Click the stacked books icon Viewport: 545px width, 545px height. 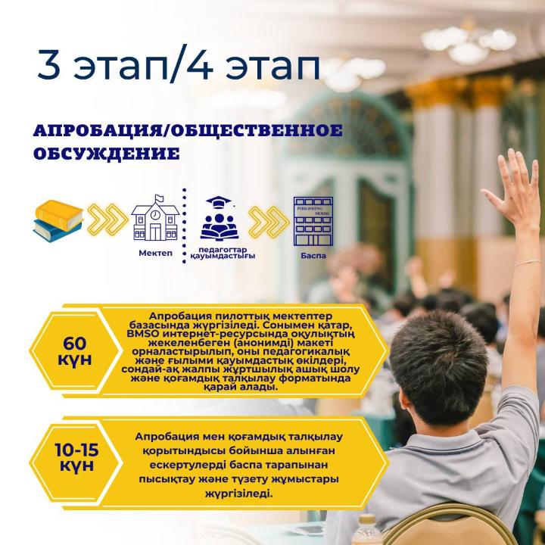[58, 221]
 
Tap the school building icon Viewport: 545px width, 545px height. [155, 218]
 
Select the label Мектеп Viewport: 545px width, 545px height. [155, 253]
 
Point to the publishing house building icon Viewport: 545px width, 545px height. [313, 221]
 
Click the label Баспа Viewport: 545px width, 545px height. [313, 256]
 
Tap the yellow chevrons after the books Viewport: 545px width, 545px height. [107, 220]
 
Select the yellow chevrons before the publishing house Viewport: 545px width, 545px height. [269, 223]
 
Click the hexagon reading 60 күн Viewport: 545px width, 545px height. [75, 350]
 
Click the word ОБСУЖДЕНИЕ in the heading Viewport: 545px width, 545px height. [107, 154]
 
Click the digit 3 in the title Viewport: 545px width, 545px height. [49, 64]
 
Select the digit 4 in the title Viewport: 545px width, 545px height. [200, 64]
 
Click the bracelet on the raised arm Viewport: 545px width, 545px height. [529, 263]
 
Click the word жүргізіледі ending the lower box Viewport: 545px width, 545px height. [238, 494]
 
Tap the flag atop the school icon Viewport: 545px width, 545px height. [159, 198]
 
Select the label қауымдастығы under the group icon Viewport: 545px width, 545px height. [223, 256]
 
